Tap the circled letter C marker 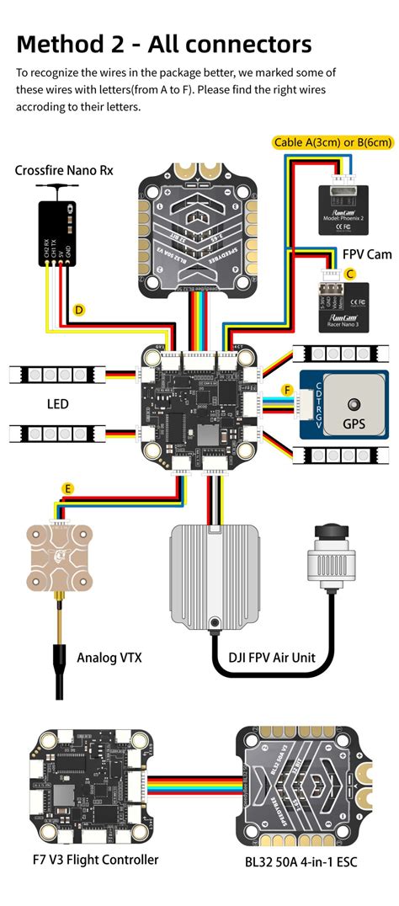[x=350, y=274]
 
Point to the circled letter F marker [x=287, y=390]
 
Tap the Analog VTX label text [x=109, y=656]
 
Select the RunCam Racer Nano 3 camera [x=343, y=303]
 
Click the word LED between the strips [x=57, y=404]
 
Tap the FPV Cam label [x=367, y=254]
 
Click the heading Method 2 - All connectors [x=164, y=44]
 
